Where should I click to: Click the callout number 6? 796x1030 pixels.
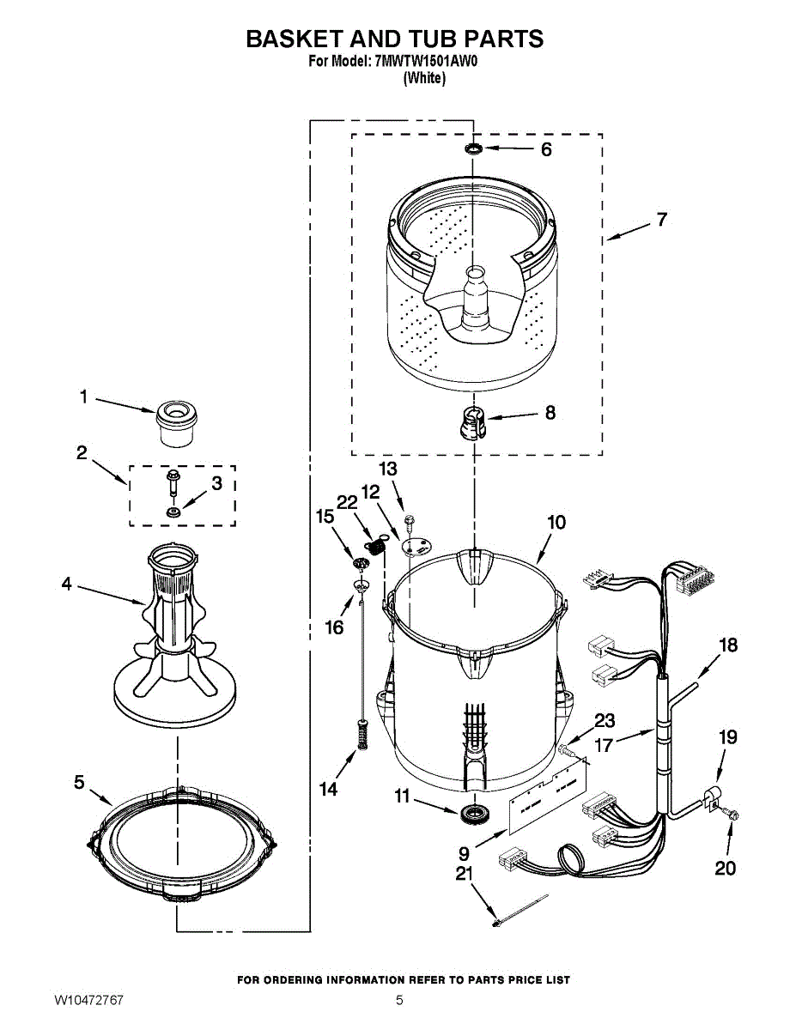[546, 149]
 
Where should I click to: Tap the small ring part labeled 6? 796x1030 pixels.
[473, 150]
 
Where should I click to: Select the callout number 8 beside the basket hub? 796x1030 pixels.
[550, 413]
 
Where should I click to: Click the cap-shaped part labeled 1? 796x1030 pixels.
[177, 421]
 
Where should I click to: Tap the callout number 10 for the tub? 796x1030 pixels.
[556, 522]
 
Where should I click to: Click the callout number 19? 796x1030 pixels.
[727, 736]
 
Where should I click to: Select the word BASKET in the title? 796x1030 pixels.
[295, 39]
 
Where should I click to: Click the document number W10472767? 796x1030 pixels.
[89, 1001]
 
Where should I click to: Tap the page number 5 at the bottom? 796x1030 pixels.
[399, 1001]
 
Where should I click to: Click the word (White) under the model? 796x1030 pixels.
[424, 78]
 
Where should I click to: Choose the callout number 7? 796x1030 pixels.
[661, 220]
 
